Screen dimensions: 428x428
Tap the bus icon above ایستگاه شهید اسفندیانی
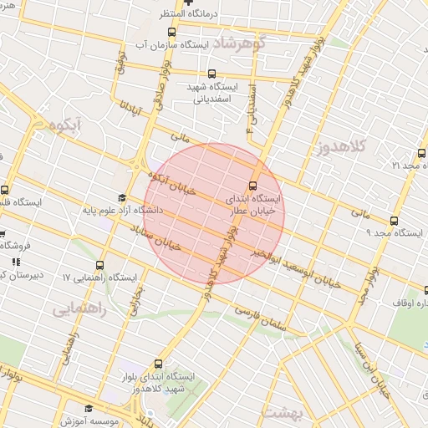[x=211, y=74]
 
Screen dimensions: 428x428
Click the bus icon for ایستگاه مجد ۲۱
[x=421, y=153]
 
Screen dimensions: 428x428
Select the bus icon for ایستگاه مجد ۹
[x=394, y=221]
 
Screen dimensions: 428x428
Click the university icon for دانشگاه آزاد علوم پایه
[x=121, y=198]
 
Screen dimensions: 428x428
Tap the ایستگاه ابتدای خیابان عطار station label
[x=255, y=206]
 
